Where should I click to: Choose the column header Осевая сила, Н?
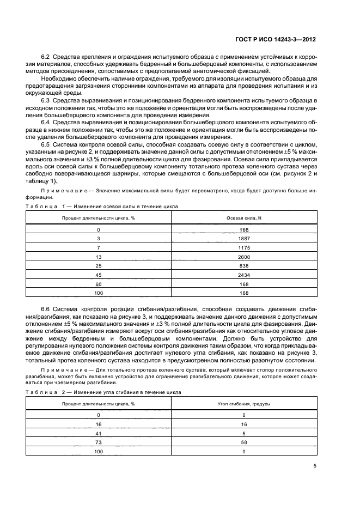coord(244,217)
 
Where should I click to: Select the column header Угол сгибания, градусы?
coord(244,404)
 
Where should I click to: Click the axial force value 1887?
coord(244,238)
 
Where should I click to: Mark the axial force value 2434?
coord(244,275)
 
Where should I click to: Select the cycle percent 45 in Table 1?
coord(99,275)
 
